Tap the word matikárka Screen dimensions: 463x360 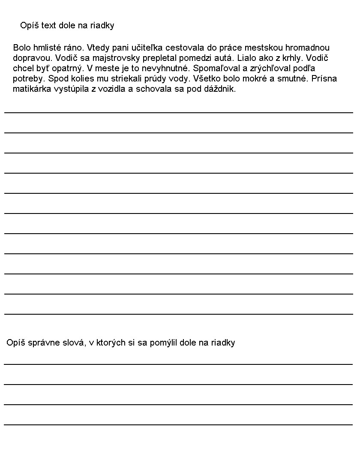click(x=31, y=89)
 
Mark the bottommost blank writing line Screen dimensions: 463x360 click(x=178, y=424)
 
